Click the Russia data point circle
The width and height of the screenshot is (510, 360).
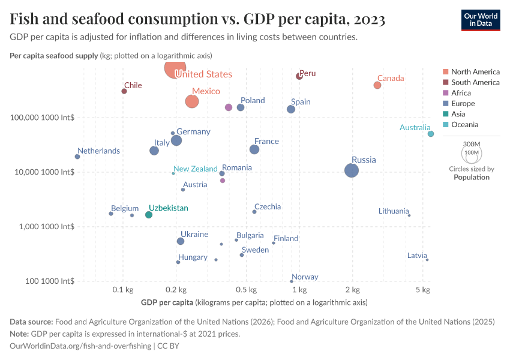(x=352, y=170)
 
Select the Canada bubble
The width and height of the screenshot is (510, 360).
(x=377, y=85)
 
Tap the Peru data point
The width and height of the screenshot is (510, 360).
(x=299, y=76)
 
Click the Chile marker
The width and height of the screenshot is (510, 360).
(x=124, y=91)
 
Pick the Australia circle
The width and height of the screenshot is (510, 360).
(x=431, y=134)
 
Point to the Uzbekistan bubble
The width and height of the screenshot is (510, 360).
(x=149, y=215)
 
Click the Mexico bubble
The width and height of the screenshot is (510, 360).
(x=192, y=101)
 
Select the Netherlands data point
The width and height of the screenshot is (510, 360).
(x=77, y=157)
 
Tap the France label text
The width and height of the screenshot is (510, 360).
(x=266, y=142)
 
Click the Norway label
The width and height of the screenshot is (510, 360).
(x=305, y=277)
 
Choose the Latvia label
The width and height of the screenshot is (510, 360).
(x=417, y=256)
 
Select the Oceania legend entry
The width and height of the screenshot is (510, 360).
(x=464, y=125)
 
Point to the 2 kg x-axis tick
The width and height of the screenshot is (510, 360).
(x=352, y=290)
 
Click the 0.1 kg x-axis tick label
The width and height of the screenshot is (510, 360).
(x=122, y=290)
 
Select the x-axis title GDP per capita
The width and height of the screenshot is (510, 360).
(x=167, y=302)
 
